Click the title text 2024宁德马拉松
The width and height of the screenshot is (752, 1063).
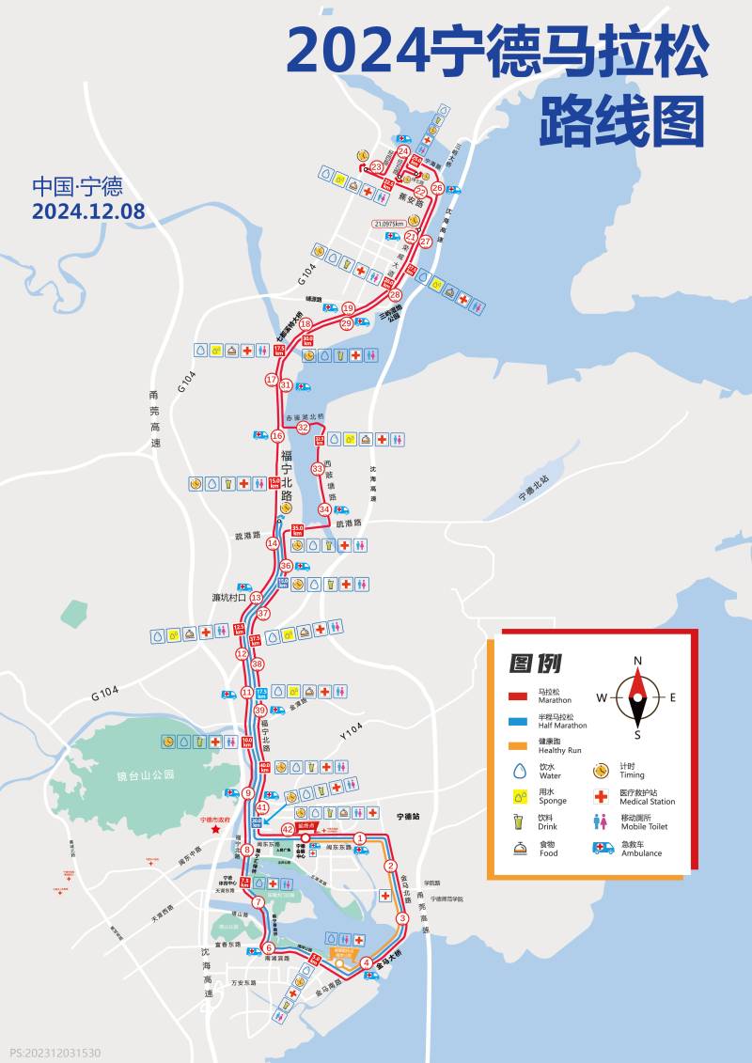click(x=496, y=53)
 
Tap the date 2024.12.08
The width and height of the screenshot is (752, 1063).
click(x=88, y=211)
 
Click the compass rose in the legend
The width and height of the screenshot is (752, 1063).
click(x=637, y=697)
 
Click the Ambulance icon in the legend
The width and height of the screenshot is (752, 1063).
click(x=603, y=848)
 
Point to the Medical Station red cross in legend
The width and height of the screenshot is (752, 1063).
click(x=603, y=796)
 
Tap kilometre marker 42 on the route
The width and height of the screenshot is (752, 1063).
click(x=288, y=829)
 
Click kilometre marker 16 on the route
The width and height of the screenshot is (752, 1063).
click(x=277, y=436)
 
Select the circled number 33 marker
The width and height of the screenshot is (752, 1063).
click(x=318, y=468)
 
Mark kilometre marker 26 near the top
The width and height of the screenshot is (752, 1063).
click(x=437, y=188)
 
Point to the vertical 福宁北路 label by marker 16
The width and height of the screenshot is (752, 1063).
click(x=287, y=477)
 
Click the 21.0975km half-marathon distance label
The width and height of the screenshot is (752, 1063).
click(x=388, y=224)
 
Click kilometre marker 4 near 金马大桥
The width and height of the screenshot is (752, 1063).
click(x=366, y=961)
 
